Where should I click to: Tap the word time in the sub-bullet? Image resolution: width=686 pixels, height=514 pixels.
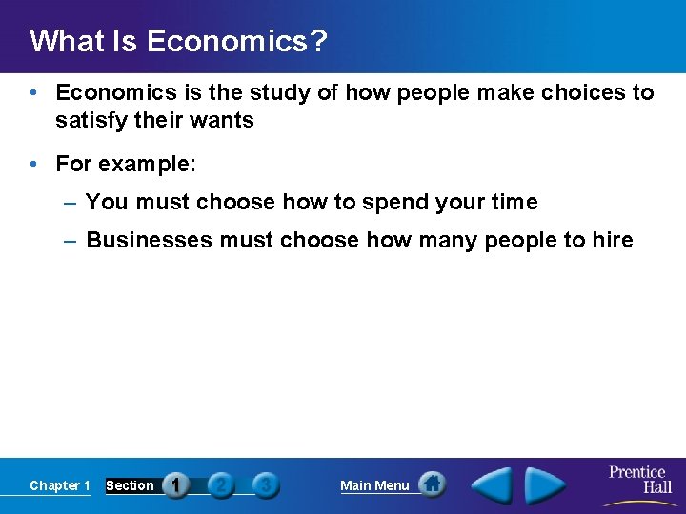click(x=514, y=202)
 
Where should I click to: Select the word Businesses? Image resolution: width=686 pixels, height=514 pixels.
click(x=150, y=240)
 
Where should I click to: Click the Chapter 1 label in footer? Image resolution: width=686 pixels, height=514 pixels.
click(x=60, y=485)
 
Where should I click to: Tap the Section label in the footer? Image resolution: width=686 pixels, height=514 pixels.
click(x=130, y=485)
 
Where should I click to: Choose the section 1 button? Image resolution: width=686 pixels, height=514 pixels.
click(x=176, y=485)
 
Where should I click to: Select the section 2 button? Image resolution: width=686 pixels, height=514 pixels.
click(x=221, y=485)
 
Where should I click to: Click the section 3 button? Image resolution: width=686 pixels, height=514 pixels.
click(x=266, y=485)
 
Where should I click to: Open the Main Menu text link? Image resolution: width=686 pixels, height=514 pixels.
click(x=374, y=485)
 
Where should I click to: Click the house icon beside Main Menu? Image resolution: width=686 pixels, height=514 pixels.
click(x=433, y=484)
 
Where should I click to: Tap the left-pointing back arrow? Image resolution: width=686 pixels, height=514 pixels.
click(x=493, y=485)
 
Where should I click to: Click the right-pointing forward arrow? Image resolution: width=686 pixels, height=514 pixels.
click(x=547, y=485)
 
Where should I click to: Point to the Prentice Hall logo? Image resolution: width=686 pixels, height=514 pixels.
click(x=638, y=482)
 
